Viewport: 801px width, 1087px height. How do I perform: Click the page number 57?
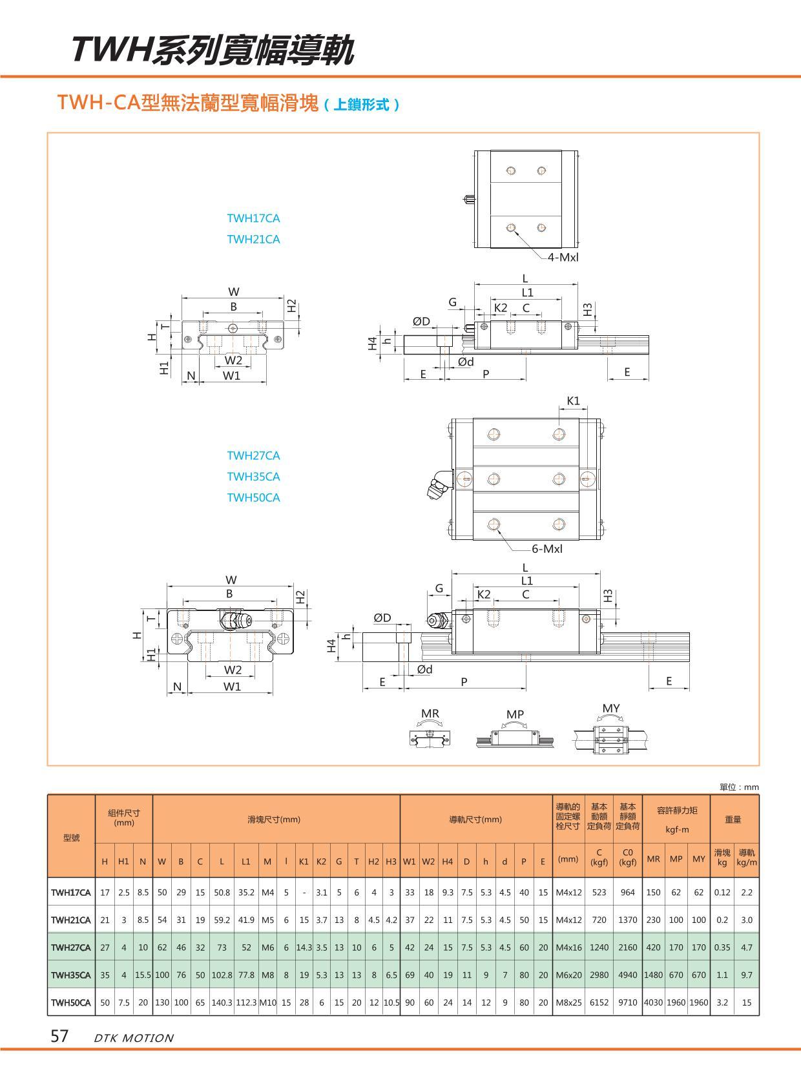click(59, 1037)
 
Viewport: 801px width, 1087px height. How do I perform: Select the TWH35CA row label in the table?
click(71, 975)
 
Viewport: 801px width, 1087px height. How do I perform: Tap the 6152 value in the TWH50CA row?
click(599, 1003)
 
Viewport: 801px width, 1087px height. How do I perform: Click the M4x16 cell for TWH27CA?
click(568, 947)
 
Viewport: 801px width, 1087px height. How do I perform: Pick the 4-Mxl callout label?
click(563, 257)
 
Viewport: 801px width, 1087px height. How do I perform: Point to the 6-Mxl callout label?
click(547, 549)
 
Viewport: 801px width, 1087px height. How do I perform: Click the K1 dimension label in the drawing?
click(573, 401)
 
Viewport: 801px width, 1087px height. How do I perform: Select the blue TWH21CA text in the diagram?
click(253, 239)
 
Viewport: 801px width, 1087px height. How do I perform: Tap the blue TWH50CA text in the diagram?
click(253, 498)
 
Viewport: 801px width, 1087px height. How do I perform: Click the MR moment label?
click(430, 714)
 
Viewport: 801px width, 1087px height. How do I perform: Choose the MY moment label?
click(611, 709)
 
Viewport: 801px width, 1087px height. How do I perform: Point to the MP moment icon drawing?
click(515, 738)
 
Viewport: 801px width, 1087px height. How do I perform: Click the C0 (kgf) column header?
click(627, 857)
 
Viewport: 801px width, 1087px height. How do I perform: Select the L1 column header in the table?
click(246, 861)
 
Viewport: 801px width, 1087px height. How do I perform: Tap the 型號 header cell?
click(71, 838)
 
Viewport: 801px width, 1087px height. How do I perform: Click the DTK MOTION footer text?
click(134, 1039)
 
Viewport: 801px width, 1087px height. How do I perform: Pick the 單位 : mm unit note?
click(740, 787)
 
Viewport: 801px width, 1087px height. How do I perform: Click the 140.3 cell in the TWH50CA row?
click(222, 1003)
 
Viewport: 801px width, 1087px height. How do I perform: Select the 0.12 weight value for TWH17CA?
click(722, 893)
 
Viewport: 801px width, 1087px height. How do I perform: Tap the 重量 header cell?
click(733, 820)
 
